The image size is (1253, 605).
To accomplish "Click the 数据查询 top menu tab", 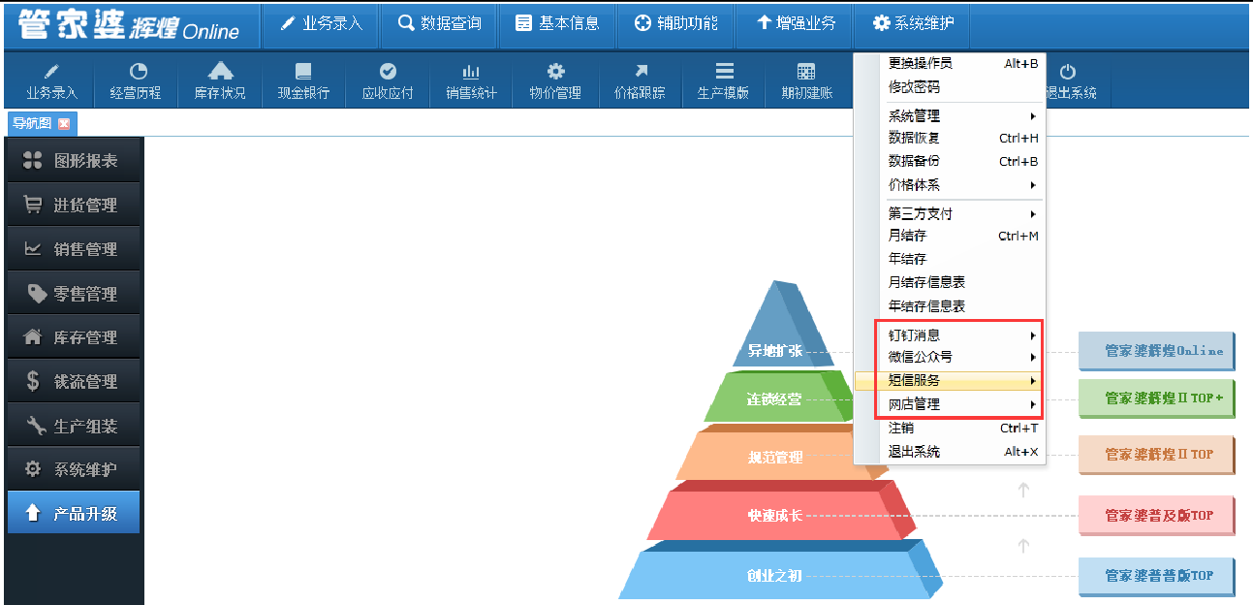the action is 439,23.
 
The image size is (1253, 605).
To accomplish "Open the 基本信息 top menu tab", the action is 557,23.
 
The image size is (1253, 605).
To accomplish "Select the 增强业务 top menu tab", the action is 796,23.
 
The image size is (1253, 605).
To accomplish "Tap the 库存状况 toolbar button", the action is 220,81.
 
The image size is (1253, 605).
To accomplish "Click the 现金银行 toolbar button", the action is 303,81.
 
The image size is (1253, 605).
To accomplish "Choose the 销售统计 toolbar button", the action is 471,81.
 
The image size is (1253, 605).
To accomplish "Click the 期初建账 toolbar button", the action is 806,81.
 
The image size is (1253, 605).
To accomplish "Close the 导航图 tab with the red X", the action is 64,124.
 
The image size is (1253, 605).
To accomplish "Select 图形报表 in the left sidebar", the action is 74,161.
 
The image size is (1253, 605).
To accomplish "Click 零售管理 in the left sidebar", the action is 74,293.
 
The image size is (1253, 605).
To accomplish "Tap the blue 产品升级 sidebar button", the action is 74,513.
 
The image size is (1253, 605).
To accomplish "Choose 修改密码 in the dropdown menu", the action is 914,87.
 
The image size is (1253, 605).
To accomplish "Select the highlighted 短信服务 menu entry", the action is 948,381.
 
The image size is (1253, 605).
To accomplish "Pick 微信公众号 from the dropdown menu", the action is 921,357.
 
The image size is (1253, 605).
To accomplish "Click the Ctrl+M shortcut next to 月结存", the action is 1018,237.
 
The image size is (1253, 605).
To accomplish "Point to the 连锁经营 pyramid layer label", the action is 774,399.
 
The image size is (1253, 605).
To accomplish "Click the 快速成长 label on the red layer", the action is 774,516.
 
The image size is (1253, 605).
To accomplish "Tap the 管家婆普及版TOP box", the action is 1156,516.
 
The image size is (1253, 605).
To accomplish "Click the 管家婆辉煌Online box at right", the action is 1156,351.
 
